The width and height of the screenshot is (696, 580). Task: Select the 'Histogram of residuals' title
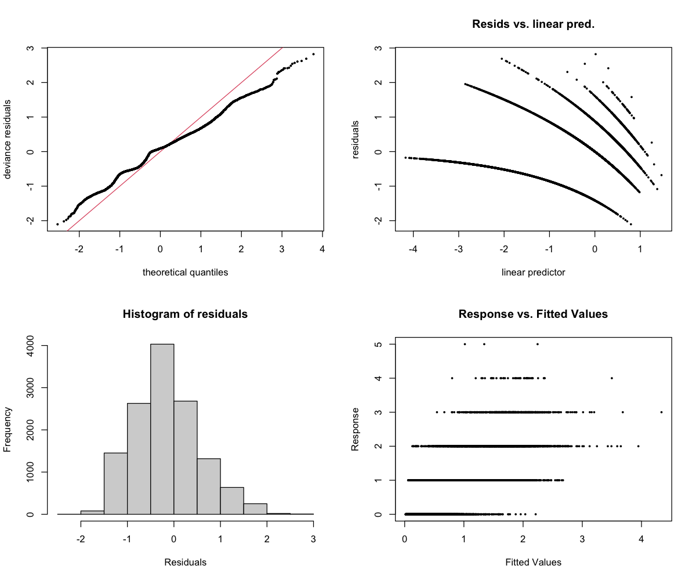click(x=185, y=314)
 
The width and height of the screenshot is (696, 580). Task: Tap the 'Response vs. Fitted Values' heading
click(x=533, y=314)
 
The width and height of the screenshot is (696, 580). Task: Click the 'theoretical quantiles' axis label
click(x=185, y=272)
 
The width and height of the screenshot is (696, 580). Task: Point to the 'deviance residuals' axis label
click(x=8, y=139)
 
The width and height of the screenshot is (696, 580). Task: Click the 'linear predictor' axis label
click(x=533, y=272)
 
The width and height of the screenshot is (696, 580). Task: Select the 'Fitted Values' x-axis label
click(x=533, y=562)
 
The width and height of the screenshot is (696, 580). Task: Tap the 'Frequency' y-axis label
click(x=8, y=429)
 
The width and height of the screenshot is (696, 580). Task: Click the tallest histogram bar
click(x=162, y=429)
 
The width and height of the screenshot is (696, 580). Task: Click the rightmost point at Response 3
click(x=661, y=412)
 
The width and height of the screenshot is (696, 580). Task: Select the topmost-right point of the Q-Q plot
click(x=313, y=54)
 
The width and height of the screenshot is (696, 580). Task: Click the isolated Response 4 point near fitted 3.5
click(x=611, y=378)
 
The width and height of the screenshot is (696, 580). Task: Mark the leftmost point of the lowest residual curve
click(x=405, y=157)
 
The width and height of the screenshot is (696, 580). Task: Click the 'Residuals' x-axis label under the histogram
click(x=185, y=562)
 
